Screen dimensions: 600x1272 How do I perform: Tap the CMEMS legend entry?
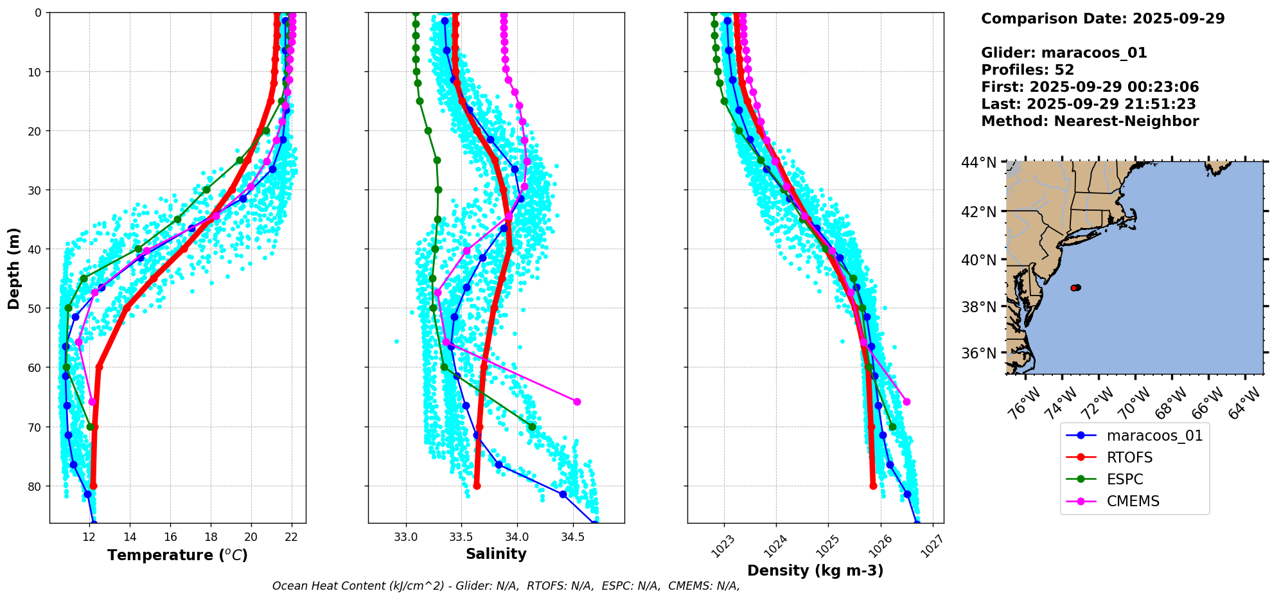(x=1133, y=501)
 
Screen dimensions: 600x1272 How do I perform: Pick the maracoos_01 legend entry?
(x=1154, y=436)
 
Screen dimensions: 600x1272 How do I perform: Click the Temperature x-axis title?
(x=177, y=555)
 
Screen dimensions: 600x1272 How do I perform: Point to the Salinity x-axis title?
(x=496, y=554)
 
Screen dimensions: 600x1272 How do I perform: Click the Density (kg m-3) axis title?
(x=815, y=570)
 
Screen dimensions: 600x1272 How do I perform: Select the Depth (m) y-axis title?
(x=14, y=268)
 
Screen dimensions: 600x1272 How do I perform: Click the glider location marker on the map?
(x=1076, y=288)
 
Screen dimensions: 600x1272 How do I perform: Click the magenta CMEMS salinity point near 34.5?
(x=577, y=401)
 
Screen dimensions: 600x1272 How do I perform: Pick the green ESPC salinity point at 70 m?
(x=532, y=427)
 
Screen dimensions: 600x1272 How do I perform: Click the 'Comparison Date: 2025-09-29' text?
(x=1102, y=19)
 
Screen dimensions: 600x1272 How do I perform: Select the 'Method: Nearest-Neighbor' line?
(x=1090, y=121)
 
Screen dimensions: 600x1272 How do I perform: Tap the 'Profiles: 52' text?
(x=1027, y=70)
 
